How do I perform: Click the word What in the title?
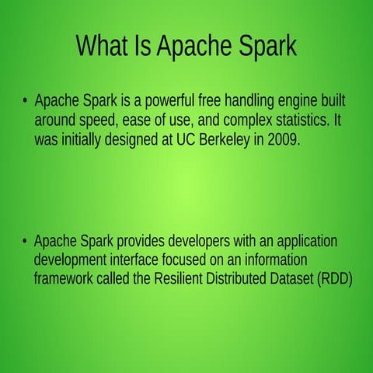[x=103, y=45]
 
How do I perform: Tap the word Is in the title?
[x=143, y=45]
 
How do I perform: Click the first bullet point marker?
[x=25, y=99]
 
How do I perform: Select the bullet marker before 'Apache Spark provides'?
[x=25, y=241]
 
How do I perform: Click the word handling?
[x=249, y=101]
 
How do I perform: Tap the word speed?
[x=97, y=120]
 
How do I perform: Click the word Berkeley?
[x=225, y=140]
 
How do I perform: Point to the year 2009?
[x=284, y=140]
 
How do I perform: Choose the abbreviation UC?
[x=186, y=140]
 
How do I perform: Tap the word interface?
[x=134, y=260]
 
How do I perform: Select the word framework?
[x=63, y=278]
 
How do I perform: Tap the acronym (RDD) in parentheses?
[x=335, y=279]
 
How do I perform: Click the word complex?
[x=248, y=120]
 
